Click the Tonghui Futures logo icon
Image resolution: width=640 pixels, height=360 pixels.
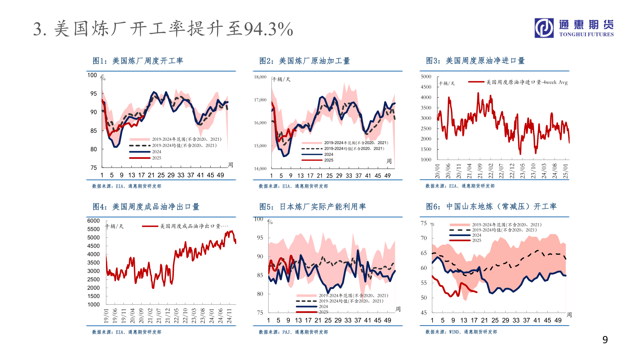click(544, 28)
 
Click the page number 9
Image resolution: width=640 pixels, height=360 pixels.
click(605, 340)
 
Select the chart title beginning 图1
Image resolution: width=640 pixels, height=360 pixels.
click(138, 61)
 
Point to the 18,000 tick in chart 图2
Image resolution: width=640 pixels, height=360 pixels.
click(260, 77)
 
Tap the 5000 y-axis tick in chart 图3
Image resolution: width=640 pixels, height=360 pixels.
click(426, 76)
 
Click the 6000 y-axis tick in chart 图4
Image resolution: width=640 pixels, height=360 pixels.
click(93, 221)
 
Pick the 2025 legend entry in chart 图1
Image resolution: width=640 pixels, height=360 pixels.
click(156, 158)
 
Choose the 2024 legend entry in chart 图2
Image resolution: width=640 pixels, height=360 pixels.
click(329, 154)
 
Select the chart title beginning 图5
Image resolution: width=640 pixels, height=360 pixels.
click(312, 207)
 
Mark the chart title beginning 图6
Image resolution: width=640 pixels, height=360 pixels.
click(491, 206)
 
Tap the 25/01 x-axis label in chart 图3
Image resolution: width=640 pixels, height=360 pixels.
click(565, 171)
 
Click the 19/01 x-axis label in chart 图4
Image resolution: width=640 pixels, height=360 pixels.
click(106, 316)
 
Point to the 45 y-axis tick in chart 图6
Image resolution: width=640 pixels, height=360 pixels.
click(424, 313)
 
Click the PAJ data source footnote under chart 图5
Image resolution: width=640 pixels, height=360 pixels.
click(293, 332)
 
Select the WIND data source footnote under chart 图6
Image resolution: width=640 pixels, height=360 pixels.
click(461, 332)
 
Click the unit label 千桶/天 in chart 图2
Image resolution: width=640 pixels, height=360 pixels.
click(282, 79)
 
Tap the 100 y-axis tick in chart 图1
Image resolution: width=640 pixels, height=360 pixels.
click(92, 75)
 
